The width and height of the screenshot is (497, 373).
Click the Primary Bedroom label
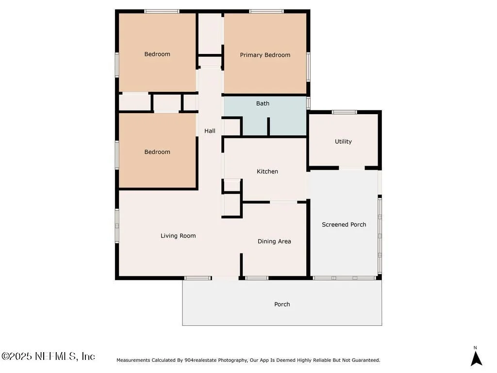point(265,55)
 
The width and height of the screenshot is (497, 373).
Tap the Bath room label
point(263,103)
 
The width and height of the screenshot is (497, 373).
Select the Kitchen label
point(267,171)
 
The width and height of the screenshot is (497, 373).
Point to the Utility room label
point(343,141)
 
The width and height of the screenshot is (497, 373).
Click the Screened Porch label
point(344,224)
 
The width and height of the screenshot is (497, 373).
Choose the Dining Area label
point(274,241)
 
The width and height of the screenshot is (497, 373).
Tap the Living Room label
point(178,236)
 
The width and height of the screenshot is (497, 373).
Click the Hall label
point(210,131)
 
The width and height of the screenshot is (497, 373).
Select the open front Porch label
point(282,304)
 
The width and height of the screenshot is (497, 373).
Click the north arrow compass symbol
point(476,359)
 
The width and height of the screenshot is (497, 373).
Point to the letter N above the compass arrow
point(475,348)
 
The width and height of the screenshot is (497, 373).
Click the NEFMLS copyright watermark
point(48,356)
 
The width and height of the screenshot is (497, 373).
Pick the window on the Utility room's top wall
point(344,112)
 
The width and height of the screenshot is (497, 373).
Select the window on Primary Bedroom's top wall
point(266,12)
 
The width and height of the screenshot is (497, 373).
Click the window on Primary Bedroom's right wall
point(308,67)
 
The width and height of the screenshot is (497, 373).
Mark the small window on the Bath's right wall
point(308,103)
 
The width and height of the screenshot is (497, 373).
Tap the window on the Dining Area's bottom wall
point(257,278)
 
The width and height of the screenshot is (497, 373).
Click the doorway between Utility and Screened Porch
point(352,168)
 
